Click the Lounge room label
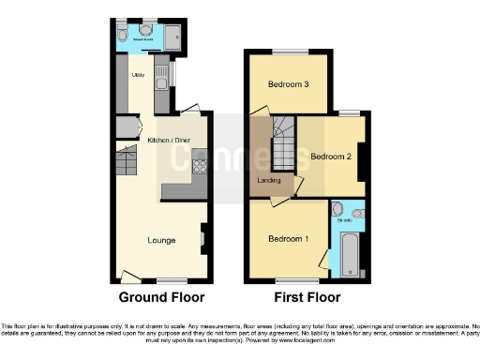tap(161, 240)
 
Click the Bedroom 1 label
tap(288, 238)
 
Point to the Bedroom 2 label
tap(331, 156)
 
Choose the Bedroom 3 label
tap(288, 84)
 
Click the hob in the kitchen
tap(199, 169)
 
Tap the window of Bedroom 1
tap(290, 281)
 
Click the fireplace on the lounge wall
tap(203, 240)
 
